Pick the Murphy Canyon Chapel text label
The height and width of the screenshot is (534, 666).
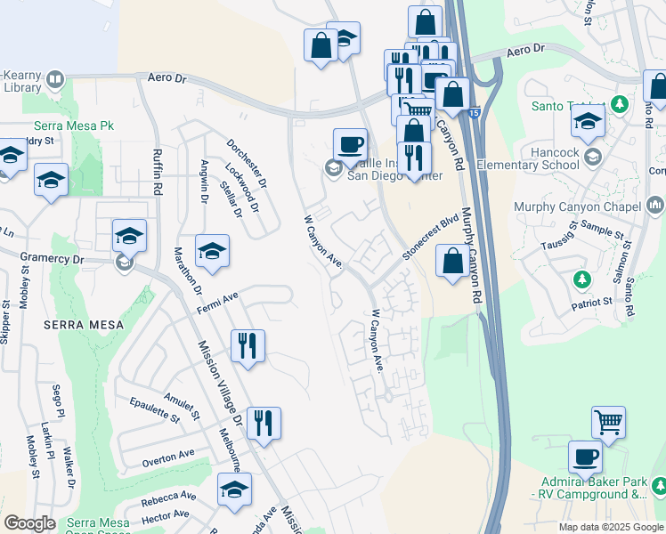pos(577,207)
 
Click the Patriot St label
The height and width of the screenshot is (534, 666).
pos(592,302)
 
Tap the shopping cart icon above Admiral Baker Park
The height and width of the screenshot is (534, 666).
pos(608,422)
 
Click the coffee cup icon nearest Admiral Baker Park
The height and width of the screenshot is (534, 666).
pos(585,457)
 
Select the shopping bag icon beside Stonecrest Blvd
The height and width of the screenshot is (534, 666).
pos(452,262)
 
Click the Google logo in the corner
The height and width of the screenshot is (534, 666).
pos(29,523)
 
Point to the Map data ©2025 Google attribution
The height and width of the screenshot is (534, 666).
pos(611,527)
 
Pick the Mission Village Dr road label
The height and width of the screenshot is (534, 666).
pos(220,383)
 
